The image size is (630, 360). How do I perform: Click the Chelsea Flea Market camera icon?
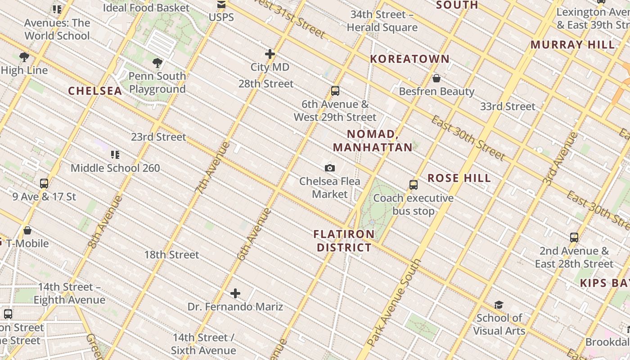tap(330, 168)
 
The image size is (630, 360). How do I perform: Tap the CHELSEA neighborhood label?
tap(95, 91)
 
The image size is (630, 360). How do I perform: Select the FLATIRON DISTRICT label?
tap(344, 241)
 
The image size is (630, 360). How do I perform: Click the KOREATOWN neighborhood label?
tap(409, 59)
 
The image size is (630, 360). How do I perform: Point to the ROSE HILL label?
tap(459, 178)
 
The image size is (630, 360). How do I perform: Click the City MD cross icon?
tap(270, 54)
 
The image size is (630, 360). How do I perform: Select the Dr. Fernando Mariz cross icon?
tap(235, 294)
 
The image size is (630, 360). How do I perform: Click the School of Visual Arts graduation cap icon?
tap(499, 305)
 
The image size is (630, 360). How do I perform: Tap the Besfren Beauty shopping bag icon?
tap(436, 79)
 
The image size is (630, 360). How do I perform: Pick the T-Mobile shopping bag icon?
tap(27, 230)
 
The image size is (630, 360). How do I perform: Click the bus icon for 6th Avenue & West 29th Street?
tap(335, 91)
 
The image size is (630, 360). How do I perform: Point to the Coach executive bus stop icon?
tap(413, 185)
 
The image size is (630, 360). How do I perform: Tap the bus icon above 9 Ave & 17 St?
tap(44, 184)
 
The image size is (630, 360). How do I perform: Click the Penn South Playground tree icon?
tap(157, 63)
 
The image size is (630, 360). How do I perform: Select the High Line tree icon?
tap(24, 57)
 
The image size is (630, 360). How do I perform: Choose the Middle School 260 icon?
tap(115, 155)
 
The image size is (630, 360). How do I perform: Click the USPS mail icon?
tap(221, 5)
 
